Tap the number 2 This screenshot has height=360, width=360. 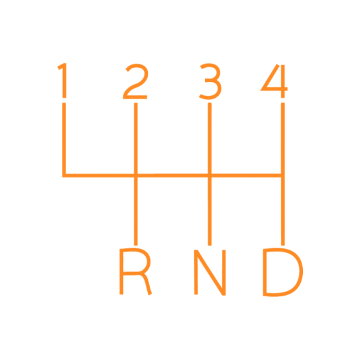point(136,81)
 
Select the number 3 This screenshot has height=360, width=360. point(210,81)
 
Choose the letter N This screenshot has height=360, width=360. point(210,272)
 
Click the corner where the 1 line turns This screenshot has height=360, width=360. point(64,175)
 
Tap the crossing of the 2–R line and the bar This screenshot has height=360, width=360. point(136,175)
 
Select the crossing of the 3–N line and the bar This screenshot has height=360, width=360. point(210,175)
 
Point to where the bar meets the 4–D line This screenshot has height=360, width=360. point(283,175)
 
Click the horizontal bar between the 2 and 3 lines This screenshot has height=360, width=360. point(173,175)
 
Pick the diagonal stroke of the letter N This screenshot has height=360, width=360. point(210,273)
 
